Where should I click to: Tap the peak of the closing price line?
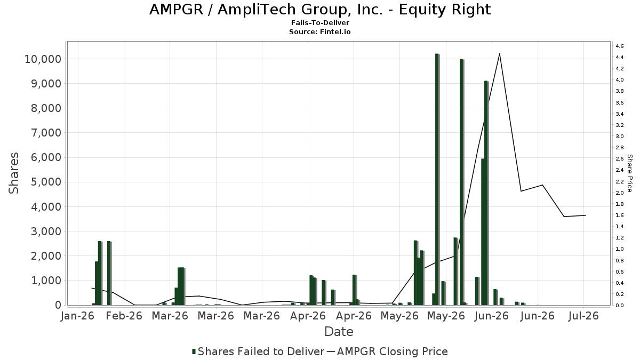(499, 53)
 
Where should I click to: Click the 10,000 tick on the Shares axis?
(43, 59)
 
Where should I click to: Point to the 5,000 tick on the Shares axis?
(46, 182)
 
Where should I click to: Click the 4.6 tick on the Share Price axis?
(620, 46)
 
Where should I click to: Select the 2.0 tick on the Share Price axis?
(620, 193)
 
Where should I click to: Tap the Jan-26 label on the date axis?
(78, 316)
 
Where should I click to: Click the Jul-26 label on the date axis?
(583, 316)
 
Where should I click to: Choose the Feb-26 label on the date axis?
(124, 316)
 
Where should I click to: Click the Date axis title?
(339, 332)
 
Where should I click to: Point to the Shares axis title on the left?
(13, 173)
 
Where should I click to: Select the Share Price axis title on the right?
(629, 173)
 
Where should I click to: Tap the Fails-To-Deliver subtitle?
(320, 22)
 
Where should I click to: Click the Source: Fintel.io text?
(319, 31)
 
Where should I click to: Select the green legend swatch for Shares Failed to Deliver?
(194, 351)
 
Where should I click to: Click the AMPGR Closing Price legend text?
(393, 351)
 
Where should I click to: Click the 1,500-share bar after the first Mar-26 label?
(181, 286)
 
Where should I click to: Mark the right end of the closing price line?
(586, 215)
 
